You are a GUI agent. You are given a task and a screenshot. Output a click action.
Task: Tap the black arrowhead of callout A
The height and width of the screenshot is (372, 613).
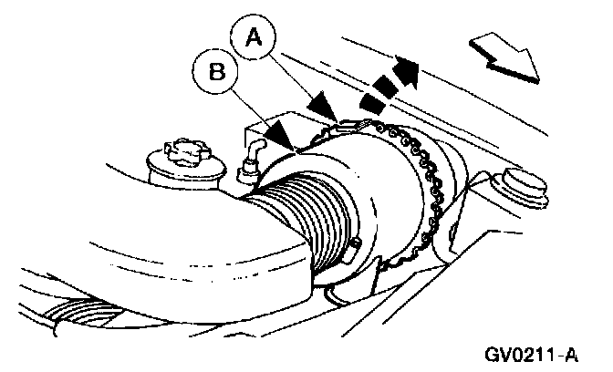321,106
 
